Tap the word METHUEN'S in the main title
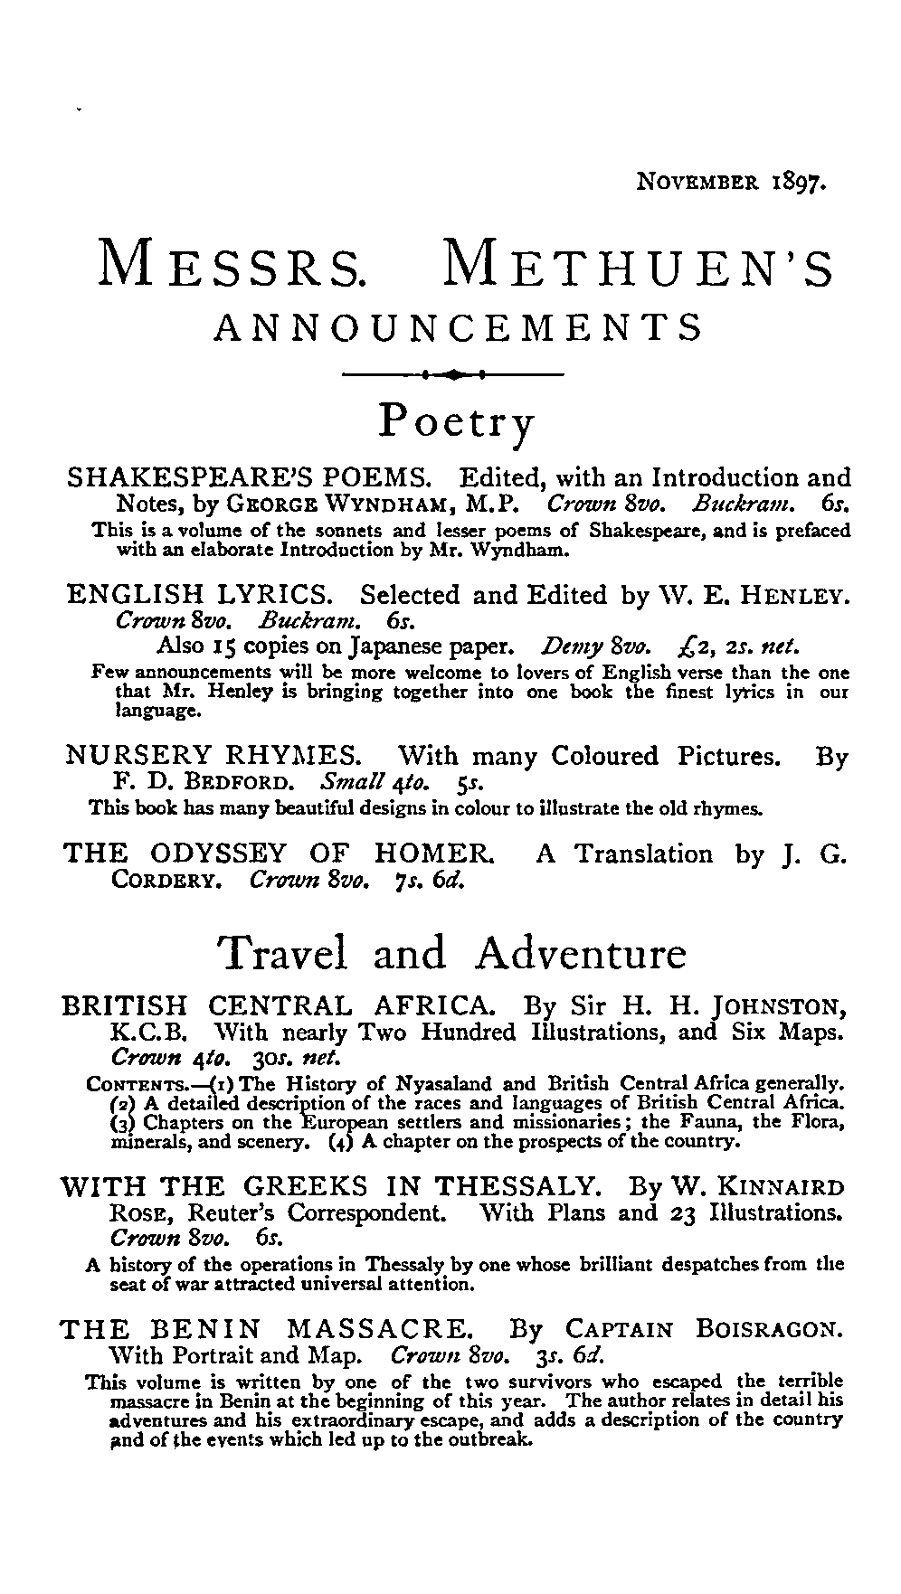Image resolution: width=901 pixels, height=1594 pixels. coord(639,266)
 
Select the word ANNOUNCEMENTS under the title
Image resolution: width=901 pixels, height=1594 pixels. coord(458,326)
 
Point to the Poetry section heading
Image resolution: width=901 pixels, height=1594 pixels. coord(457,421)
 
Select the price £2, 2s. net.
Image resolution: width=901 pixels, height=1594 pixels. coord(738,647)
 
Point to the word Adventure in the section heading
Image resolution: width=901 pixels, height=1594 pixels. coord(581,954)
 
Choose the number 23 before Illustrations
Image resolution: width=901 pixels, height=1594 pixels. coord(678,1212)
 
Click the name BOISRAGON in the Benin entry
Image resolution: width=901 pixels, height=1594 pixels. coord(772,1330)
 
